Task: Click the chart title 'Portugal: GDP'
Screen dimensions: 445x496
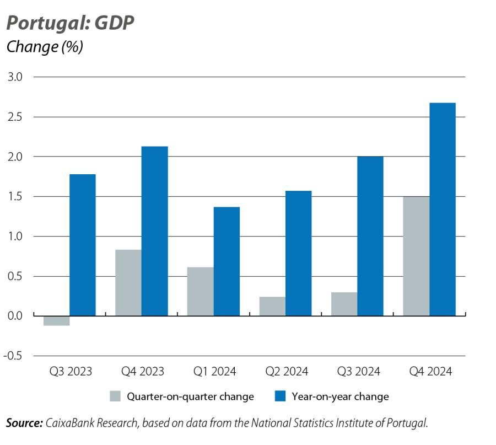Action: click(x=70, y=23)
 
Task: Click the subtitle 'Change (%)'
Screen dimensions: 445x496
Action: click(x=45, y=47)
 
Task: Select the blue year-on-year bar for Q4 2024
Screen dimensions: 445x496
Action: click(x=443, y=210)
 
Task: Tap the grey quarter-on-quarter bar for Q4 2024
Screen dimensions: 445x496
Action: click(x=416, y=256)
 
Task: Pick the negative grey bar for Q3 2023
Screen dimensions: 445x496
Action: click(x=56, y=320)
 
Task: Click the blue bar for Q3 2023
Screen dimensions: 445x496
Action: click(x=83, y=245)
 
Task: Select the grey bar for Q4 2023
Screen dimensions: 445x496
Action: click(x=128, y=282)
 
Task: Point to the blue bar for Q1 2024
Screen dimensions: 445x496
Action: click(x=227, y=261)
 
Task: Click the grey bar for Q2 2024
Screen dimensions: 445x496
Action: click(x=272, y=306)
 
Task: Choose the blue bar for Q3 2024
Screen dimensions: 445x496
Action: click(x=370, y=236)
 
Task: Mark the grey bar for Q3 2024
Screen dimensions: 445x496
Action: click(x=344, y=304)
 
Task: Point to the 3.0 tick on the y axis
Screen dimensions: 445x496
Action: click(x=15, y=77)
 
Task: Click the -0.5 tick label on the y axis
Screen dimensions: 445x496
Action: click(x=13, y=356)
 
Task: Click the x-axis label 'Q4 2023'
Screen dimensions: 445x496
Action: click(x=142, y=371)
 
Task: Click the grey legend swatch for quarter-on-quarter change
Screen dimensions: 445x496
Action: click(x=115, y=396)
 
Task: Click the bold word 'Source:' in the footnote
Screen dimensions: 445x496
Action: click(x=24, y=423)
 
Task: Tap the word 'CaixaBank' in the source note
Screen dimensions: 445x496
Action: click(x=68, y=423)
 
